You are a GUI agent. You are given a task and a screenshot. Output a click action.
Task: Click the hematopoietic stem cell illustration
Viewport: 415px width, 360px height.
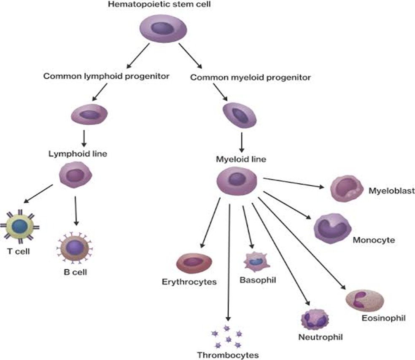click(x=163, y=29)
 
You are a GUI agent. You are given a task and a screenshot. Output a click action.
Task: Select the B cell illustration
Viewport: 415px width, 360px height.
click(x=75, y=246)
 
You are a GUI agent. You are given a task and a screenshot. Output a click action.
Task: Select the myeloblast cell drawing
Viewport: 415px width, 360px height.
click(x=347, y=189)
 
